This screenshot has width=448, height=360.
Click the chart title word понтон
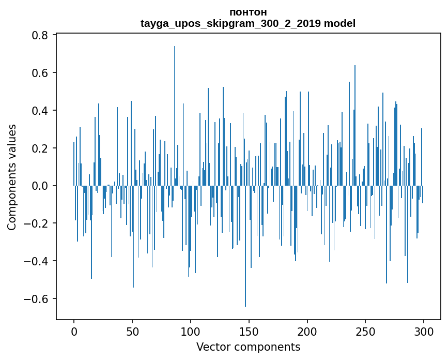tap(248, 12)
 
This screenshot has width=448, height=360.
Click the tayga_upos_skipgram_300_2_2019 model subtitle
tap(248, 23)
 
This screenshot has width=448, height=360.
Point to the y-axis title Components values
tap(12, 177)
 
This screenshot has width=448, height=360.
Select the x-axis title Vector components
tap(248, 347)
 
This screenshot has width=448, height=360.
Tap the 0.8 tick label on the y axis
tap(40, 35)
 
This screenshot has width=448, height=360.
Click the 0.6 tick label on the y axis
tap(40, 73)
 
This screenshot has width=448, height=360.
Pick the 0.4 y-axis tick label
tap(40, 111)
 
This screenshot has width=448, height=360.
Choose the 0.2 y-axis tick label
tap(40, 148)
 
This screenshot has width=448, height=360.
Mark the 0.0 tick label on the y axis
tap(40, 186)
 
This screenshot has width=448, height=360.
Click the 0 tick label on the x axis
tap(74, 331)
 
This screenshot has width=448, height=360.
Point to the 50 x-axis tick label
tap(132, 331)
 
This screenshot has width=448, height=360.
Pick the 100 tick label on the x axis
tap(191, 331)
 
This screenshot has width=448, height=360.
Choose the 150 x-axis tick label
tap(249, 331)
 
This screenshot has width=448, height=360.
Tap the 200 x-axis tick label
tap(307, 331)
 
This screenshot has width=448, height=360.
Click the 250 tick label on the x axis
tap(366, 331)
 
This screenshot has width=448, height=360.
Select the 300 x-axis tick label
tap(424, 331)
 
